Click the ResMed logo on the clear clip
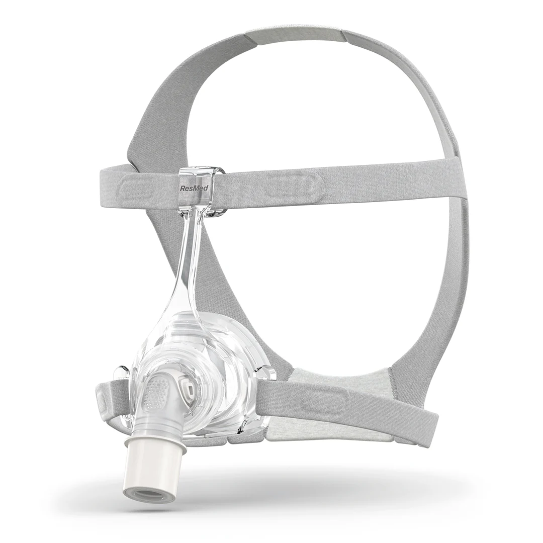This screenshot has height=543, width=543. click(x=194, y=188)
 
